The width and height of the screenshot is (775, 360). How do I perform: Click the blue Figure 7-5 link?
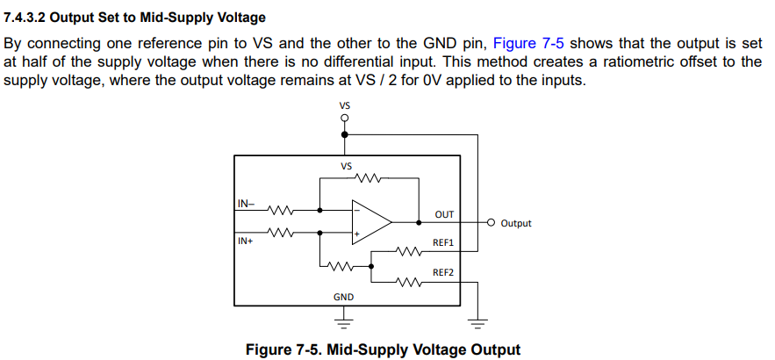528,44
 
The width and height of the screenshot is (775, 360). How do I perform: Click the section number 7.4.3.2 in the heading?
25,18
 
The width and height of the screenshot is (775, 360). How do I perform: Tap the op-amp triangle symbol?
371,222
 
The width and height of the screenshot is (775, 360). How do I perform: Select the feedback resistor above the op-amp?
369,177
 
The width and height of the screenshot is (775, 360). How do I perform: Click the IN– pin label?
246,203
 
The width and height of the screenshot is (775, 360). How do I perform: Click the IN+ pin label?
246,241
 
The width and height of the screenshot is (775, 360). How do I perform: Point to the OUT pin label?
444,214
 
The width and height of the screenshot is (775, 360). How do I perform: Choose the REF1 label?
443,243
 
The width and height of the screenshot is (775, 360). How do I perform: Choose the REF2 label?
443,272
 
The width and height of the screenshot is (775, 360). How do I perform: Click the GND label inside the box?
343,297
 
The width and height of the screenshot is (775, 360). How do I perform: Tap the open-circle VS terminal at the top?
345,118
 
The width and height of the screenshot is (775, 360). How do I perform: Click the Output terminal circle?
491,222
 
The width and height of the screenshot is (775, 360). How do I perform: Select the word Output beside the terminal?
516,223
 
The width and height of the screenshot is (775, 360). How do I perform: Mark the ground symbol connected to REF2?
477,323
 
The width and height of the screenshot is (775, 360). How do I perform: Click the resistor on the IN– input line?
281,210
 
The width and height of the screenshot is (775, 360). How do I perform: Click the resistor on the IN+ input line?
281,232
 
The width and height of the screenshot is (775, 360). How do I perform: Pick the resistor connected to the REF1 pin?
408,252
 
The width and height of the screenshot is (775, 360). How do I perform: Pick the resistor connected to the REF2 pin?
408,283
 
